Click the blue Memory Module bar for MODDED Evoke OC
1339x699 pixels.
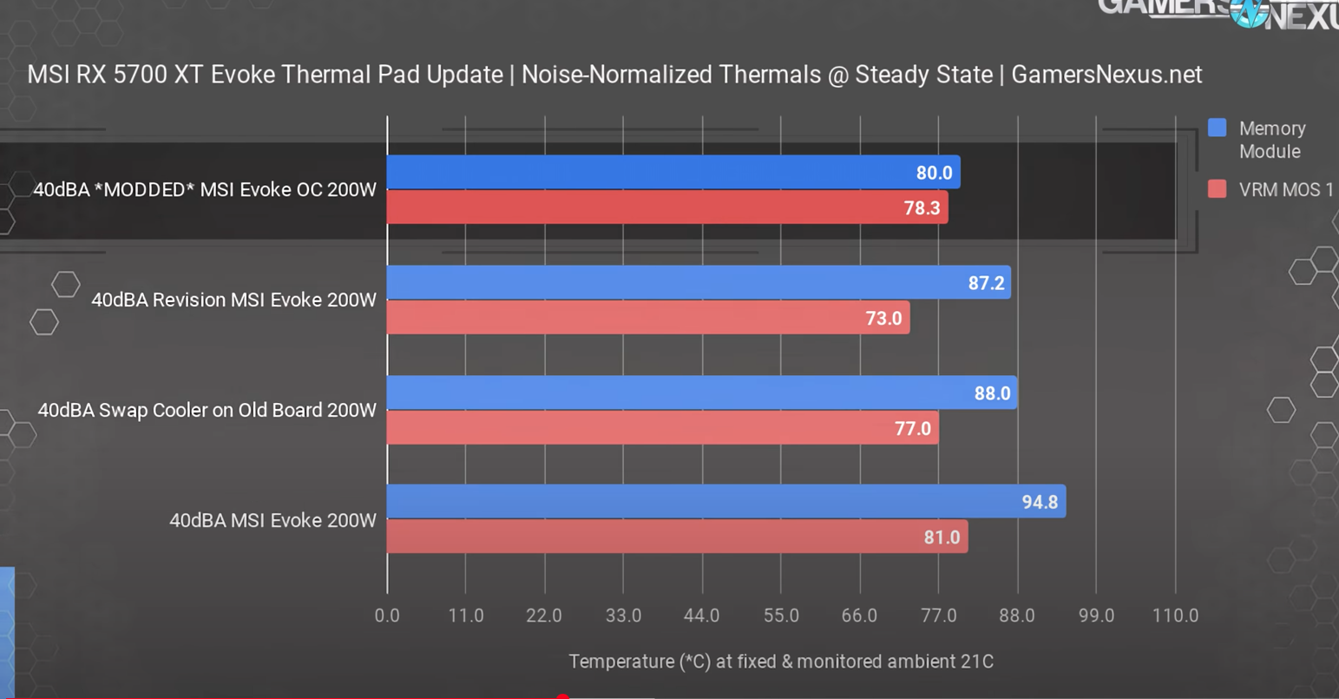coord(673,172)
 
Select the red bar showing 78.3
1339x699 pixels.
coord(666,208)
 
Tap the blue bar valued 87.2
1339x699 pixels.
coord(698,282)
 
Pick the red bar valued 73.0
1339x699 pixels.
coord(647,318)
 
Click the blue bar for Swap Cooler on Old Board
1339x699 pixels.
coord(701,392)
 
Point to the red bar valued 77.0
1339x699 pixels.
coord(662,427)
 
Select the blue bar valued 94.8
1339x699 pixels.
coord(725,501)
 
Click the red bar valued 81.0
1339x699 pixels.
coord(677,537)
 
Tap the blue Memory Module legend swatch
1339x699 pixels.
coord(1218,129)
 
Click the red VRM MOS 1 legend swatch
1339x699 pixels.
coord(1218,189)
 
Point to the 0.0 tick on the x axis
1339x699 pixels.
coord(387,616)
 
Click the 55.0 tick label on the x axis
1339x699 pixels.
coord(781,616)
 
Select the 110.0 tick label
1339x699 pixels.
coord(1175,616)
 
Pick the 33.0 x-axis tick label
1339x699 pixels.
coord(623,616)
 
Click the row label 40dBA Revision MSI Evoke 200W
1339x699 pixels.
coord(233,300)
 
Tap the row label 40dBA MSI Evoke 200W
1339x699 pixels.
coord(272,520)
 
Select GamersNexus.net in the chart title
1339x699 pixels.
coord(1106,75)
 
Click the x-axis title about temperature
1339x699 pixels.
coord(781,662)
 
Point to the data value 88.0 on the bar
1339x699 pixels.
coord(992,393)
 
